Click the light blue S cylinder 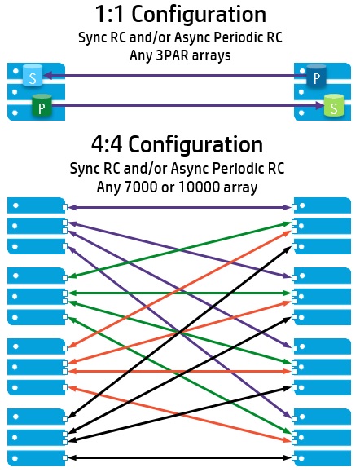pyautogui.click(x=33, y=75)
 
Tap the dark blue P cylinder pyautogui.click(x=316, y=76)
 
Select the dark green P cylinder pyautogui.click(x=42, y=105)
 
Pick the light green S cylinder pyautogui.click(x=334, y=105)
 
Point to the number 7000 pyautogui.click(x=140, y=187)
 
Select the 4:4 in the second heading pyautogui.click(x=107, y=145)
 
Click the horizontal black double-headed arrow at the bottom pyautogui.click(x=180, y=457)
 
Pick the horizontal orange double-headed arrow pyautogui.click(x=180, y=372)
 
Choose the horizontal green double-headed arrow pyautogui.click(x=180, y=293)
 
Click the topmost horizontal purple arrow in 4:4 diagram pyautogui.click(x=180, y=207)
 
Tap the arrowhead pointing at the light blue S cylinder pyautogui.click(x=48, y=75)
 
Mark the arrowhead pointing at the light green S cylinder pyautogui.click(x=318, y=105)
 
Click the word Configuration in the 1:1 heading pyautogui.click(x=199, y=15)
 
